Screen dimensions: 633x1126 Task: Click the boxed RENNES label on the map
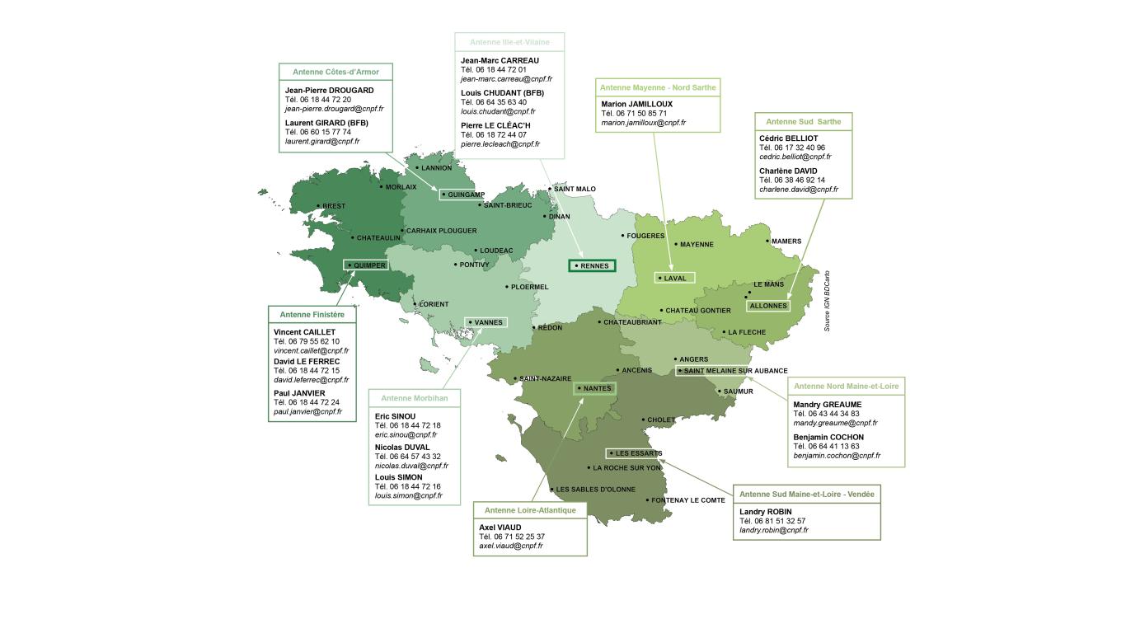pos(593,265)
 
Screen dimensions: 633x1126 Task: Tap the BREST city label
pos(333,206)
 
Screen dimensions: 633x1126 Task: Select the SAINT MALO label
pos(574,189)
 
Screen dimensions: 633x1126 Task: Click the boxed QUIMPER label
pos(367,265)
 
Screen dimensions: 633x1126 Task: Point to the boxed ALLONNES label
pos(768,306)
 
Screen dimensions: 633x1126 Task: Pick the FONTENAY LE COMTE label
pos(687,500)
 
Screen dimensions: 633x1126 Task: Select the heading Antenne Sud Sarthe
pos(803,121)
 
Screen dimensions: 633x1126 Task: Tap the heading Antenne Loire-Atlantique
pos(530,510)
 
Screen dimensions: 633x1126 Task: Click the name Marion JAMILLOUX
pos(636,104)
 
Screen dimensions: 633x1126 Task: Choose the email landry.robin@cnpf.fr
pos(773,530)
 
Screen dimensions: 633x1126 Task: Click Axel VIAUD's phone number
pos(511,537)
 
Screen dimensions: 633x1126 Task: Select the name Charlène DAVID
pos(787,171)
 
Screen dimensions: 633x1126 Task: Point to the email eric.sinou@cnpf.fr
pos(406,434)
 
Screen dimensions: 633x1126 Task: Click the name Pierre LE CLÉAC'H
pos(495,125)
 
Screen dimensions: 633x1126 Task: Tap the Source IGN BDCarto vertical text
pos(827,301)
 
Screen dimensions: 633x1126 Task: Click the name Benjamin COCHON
pos(828,437)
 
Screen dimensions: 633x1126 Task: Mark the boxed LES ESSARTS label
pos(636,453)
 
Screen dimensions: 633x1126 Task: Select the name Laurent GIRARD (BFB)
pos(326,123)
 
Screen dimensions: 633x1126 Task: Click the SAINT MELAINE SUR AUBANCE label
pos(734,371)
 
